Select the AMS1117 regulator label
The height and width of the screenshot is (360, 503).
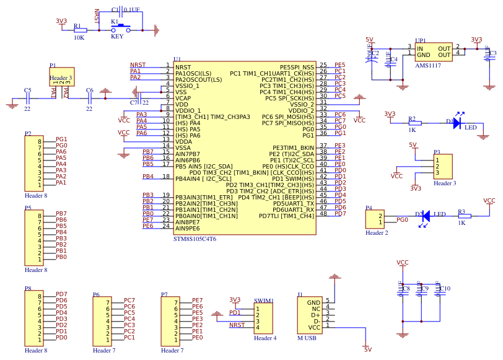click(x=428, y=65)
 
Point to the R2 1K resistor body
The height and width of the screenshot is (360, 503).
click(x=414, y=123)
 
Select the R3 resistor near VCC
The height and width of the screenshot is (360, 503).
click(x=464, y=216)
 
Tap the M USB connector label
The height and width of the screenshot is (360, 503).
click(x=307, y=338)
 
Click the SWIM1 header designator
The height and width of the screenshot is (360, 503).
click(x=263, y=301)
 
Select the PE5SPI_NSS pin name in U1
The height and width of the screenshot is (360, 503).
click(x=297, y=67)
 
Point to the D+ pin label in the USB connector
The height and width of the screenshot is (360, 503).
click(x=315, y=314)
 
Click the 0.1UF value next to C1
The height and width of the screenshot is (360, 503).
click(x=131, y=10)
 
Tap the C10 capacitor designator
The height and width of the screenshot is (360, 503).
click(x=444, y=289)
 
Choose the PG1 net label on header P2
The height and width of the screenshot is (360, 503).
click(x=61, y=139)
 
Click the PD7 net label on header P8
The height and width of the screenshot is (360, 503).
click(x=61, y=294)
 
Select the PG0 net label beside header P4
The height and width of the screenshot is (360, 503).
click(x=401, y=219)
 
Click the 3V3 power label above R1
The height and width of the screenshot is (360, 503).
click(x=61, y=20)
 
